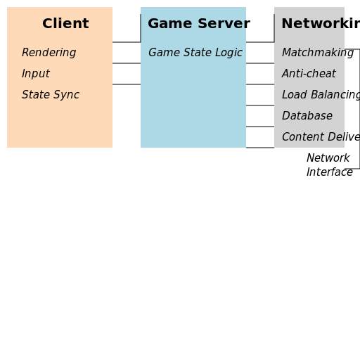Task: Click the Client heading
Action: (65, 24)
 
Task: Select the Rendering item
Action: (49, 53)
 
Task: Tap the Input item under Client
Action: (35, 74)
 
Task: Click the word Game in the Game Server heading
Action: (165, 24)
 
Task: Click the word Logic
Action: (229, 53)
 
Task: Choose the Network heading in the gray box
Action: (313, 24)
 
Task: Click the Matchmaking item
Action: (313, 53)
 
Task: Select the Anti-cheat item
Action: (309, 74)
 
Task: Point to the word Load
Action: (294, 95)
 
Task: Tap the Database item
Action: (307, 116)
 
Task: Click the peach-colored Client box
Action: (60, 123)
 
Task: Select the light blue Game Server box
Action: (193, 105)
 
